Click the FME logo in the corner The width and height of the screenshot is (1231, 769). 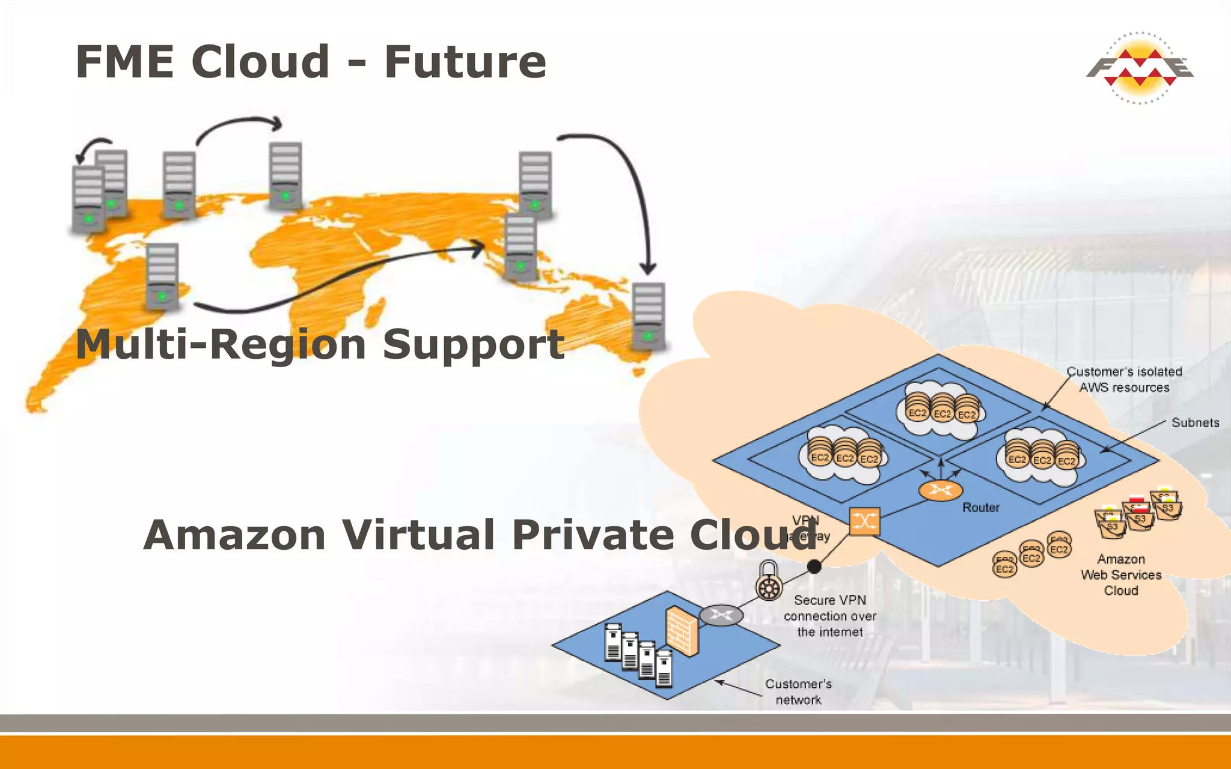tap(1140, 68)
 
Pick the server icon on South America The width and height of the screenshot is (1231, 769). tap(162, 276)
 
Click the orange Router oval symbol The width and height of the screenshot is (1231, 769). tap(941, 491)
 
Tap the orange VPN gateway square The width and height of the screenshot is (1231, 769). tap(864, 521)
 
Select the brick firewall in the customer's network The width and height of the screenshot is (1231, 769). tap(682, 630)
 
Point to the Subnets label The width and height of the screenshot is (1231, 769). tap(1195, 422)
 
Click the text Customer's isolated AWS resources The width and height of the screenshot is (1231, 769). tap(1124, 380)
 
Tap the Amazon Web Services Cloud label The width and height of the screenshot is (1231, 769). tap(1121, 575)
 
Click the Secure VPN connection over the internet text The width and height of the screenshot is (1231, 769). tap(829, 616)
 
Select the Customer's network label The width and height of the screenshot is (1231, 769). tap(798, 691)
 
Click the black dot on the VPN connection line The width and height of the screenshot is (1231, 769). tap(814, 566)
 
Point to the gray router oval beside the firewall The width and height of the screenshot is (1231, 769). tap(721, 615)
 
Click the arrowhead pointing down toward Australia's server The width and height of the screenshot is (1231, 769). tap(647, 268)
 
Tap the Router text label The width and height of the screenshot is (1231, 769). tap(981, 508)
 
